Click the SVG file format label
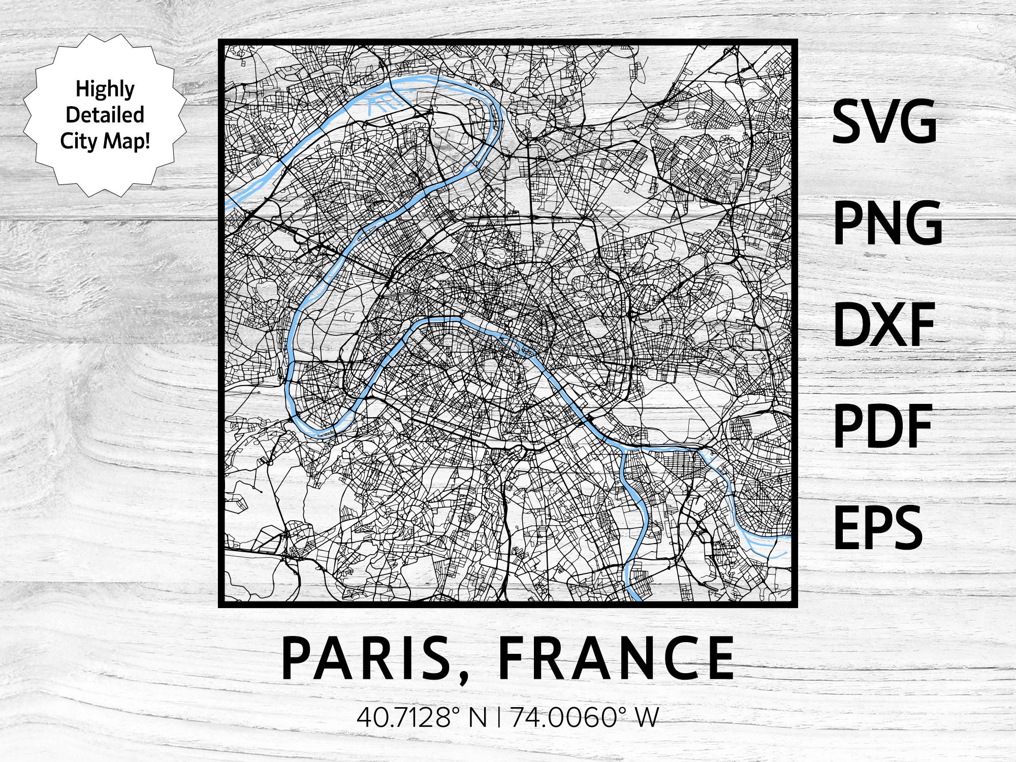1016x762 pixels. [x=884, y=122]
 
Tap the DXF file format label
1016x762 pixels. [x=883, y=325]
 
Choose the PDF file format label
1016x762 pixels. [x=883, y=426]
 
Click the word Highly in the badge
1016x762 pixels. [x=105, y=89]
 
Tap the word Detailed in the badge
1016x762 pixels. [x=105, y=115]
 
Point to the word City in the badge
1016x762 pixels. [x=78, y=140]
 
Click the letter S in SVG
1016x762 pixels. [x=849, y=122]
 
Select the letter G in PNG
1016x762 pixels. [x=922, y=223]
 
